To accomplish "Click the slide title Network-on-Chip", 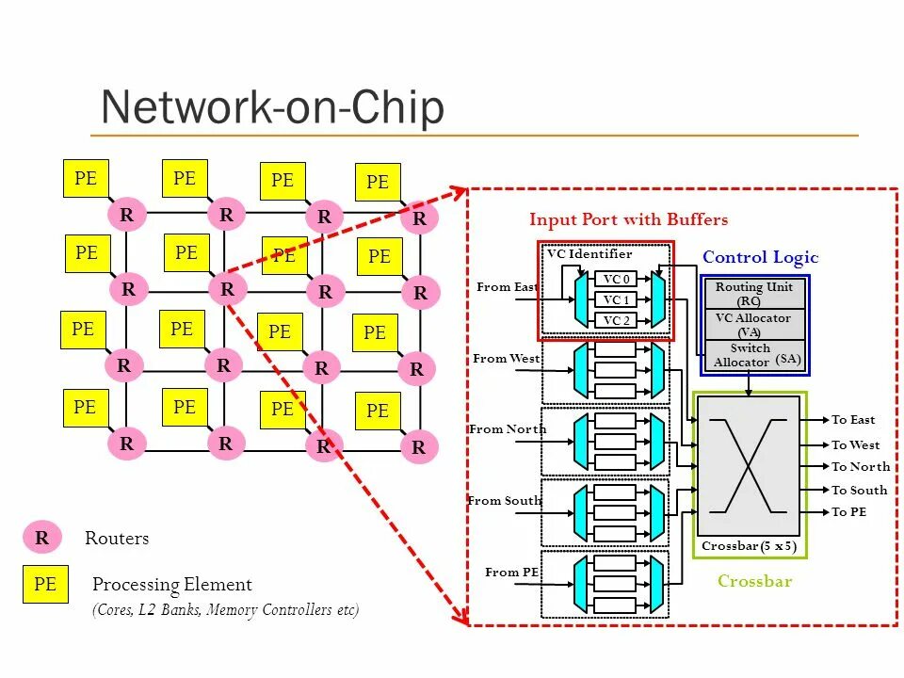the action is [x=273, y=107].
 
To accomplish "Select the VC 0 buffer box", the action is [x=615, y=279].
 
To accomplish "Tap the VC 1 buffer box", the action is [x=615, y=299].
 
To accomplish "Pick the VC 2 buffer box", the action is [x=615, y=320].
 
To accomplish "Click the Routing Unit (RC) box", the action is [x=754, y=294].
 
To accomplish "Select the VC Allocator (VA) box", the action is [x=754, y=325].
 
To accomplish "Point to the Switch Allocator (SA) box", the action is [x=754, y=356].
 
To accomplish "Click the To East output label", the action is [x=853, y=420].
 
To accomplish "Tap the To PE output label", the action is [x=848, y=512].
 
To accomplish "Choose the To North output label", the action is [x=861, y=466].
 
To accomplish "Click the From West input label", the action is [x=507, y=359].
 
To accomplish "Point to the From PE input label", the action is [x=512, y=572].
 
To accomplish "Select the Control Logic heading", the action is [x=761, y=258].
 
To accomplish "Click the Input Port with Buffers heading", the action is [x=628, y=219].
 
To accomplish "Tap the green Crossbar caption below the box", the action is [x=754, y=581].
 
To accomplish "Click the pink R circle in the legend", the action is [x=42, y=538].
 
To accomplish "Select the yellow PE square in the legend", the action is [x=45, y=584].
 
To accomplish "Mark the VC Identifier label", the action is [x=589, y=253].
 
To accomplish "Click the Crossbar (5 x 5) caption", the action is [x=749, y=546].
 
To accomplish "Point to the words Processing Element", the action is [x=171, y=585].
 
